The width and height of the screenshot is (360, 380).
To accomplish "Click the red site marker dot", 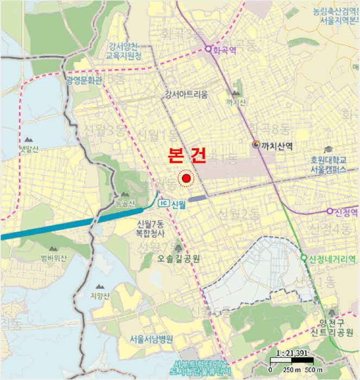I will pos(187,178).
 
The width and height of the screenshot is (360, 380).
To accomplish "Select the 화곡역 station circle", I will pos(207,49).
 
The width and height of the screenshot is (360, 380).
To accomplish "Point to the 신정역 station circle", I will pos(329,211).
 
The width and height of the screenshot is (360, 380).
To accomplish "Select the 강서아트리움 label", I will pos(186,94).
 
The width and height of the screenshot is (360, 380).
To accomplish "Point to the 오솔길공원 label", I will pos(179,259).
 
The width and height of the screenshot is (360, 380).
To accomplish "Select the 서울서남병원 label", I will pos(151,339).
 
